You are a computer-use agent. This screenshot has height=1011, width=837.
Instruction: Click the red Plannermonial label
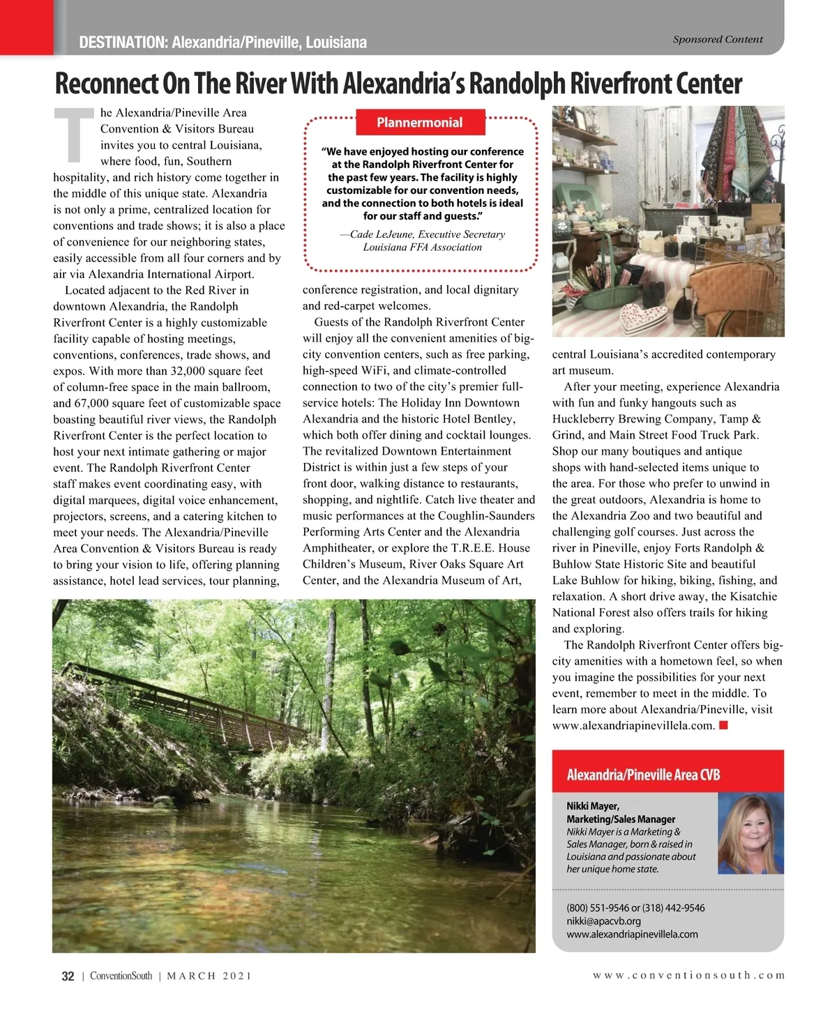pos(419,123)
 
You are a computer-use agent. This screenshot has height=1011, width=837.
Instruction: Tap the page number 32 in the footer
pos(68,976)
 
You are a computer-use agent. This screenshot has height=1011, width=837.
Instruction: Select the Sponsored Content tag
pos(717,40)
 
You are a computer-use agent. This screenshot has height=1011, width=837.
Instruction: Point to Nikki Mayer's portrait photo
pos(750,834)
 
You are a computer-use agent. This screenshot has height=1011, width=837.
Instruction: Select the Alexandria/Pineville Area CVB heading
pos(643,775)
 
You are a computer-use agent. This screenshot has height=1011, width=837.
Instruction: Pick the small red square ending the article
pos(724,726)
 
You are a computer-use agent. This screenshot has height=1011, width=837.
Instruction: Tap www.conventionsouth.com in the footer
pos(688,975)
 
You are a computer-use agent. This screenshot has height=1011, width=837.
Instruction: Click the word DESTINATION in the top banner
pos(121,43)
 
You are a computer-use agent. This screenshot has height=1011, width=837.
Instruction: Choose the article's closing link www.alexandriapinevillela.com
pos(633,726)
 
